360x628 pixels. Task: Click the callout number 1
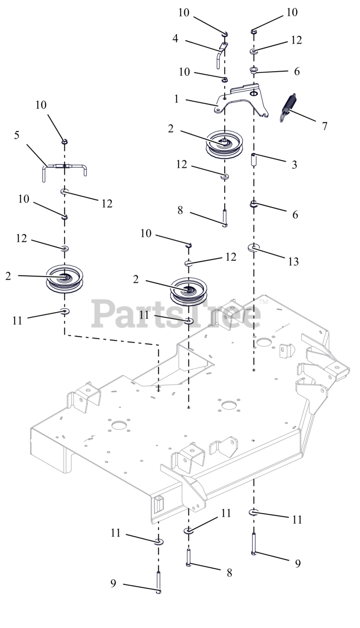[177, 99]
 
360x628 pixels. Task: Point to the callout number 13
[293, 262]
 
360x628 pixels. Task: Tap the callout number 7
[324, 126]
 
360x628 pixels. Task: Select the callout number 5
[17, 135]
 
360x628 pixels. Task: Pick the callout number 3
[294, 165]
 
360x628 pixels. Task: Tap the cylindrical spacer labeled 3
[254, 160]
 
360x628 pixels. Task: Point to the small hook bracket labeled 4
[221, 53]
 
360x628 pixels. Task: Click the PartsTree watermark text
[177, 314]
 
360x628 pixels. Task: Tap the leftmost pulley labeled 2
[65, 278]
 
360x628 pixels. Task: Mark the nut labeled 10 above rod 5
[64, 142]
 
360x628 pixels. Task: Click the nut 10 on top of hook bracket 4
[225, 34]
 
